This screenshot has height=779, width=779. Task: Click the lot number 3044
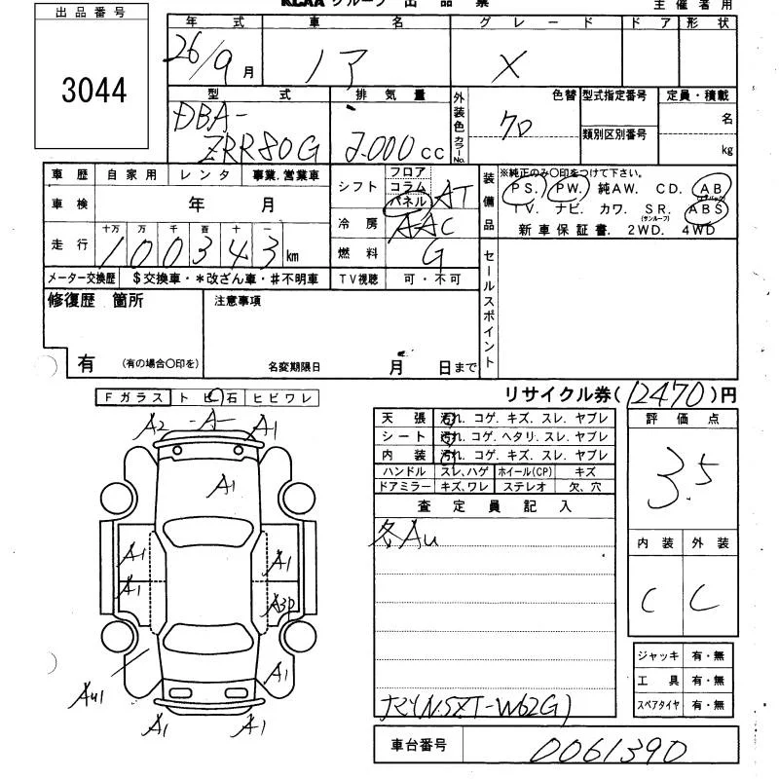(93, 91)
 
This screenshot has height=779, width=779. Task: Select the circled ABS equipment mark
(706, 208)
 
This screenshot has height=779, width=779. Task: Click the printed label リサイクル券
(560, 394)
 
